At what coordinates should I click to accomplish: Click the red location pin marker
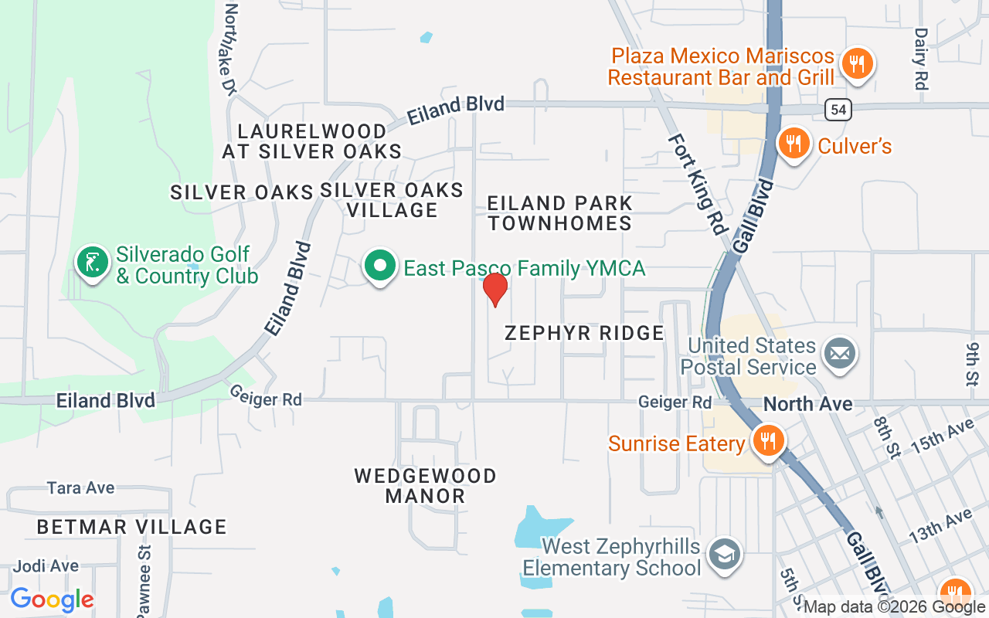coord(494,290)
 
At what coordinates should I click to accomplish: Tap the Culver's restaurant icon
coord(793,143)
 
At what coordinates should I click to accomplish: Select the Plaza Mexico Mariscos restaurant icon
coord(856,63)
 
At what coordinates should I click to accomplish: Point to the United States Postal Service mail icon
coord(839,355)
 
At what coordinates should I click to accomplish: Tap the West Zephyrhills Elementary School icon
coord(725,554)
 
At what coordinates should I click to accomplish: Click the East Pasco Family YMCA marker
coord(379,267)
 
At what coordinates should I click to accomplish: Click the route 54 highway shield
coord(838,110)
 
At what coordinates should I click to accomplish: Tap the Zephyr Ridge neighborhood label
coord(584,333)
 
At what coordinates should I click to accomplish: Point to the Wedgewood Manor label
coord(425,486)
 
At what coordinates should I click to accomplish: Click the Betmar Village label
coord(132,527)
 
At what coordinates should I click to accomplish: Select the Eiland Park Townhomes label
coord(560,213)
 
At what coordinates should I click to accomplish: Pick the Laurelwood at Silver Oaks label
coord(312,141)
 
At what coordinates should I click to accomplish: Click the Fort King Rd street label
coord(698,185)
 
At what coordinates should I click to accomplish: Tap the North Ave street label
coord(807,403)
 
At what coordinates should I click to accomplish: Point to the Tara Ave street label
coord(80,488)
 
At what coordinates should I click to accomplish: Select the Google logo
coord(52,599)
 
